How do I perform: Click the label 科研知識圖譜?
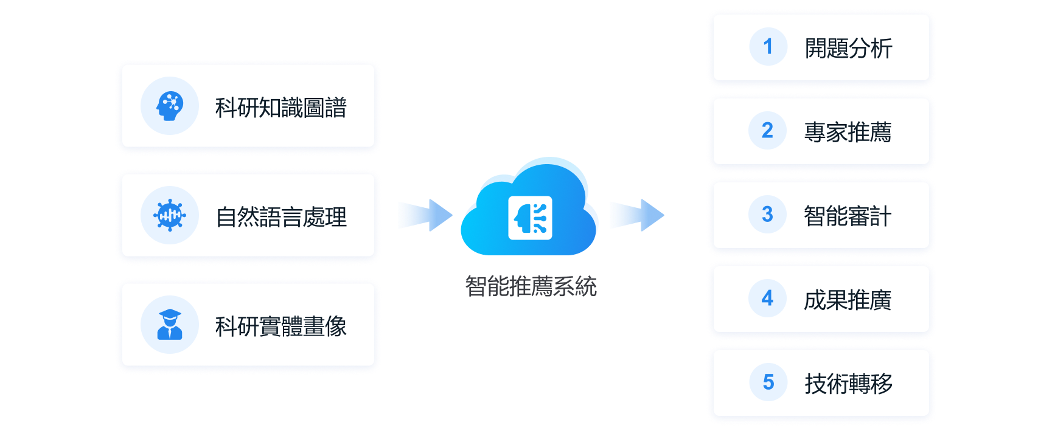coord(280,108)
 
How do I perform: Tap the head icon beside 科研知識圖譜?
coord(170,106)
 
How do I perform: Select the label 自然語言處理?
coord(281,217)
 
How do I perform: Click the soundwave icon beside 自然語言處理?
coord(170,215)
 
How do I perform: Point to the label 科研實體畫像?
coord(280,326)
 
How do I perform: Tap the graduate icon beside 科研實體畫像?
coord(170,325)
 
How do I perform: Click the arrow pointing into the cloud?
coord(425,215)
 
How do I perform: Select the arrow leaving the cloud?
coord(636,215)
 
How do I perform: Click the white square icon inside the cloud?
coord(530,218)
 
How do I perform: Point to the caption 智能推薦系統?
coord(531,286)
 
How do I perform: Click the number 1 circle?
coord(768,47)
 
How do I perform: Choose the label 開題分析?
coord(848,49)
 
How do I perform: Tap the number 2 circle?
coord(768,130)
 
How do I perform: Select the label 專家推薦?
coord(848,132)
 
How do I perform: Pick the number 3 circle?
coord(768,214)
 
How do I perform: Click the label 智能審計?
coord(848,216)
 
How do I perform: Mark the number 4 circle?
coord(768,298)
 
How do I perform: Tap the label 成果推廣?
coord(848,300)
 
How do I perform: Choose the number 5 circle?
coord(768,382)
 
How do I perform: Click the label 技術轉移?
coord(848,384)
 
